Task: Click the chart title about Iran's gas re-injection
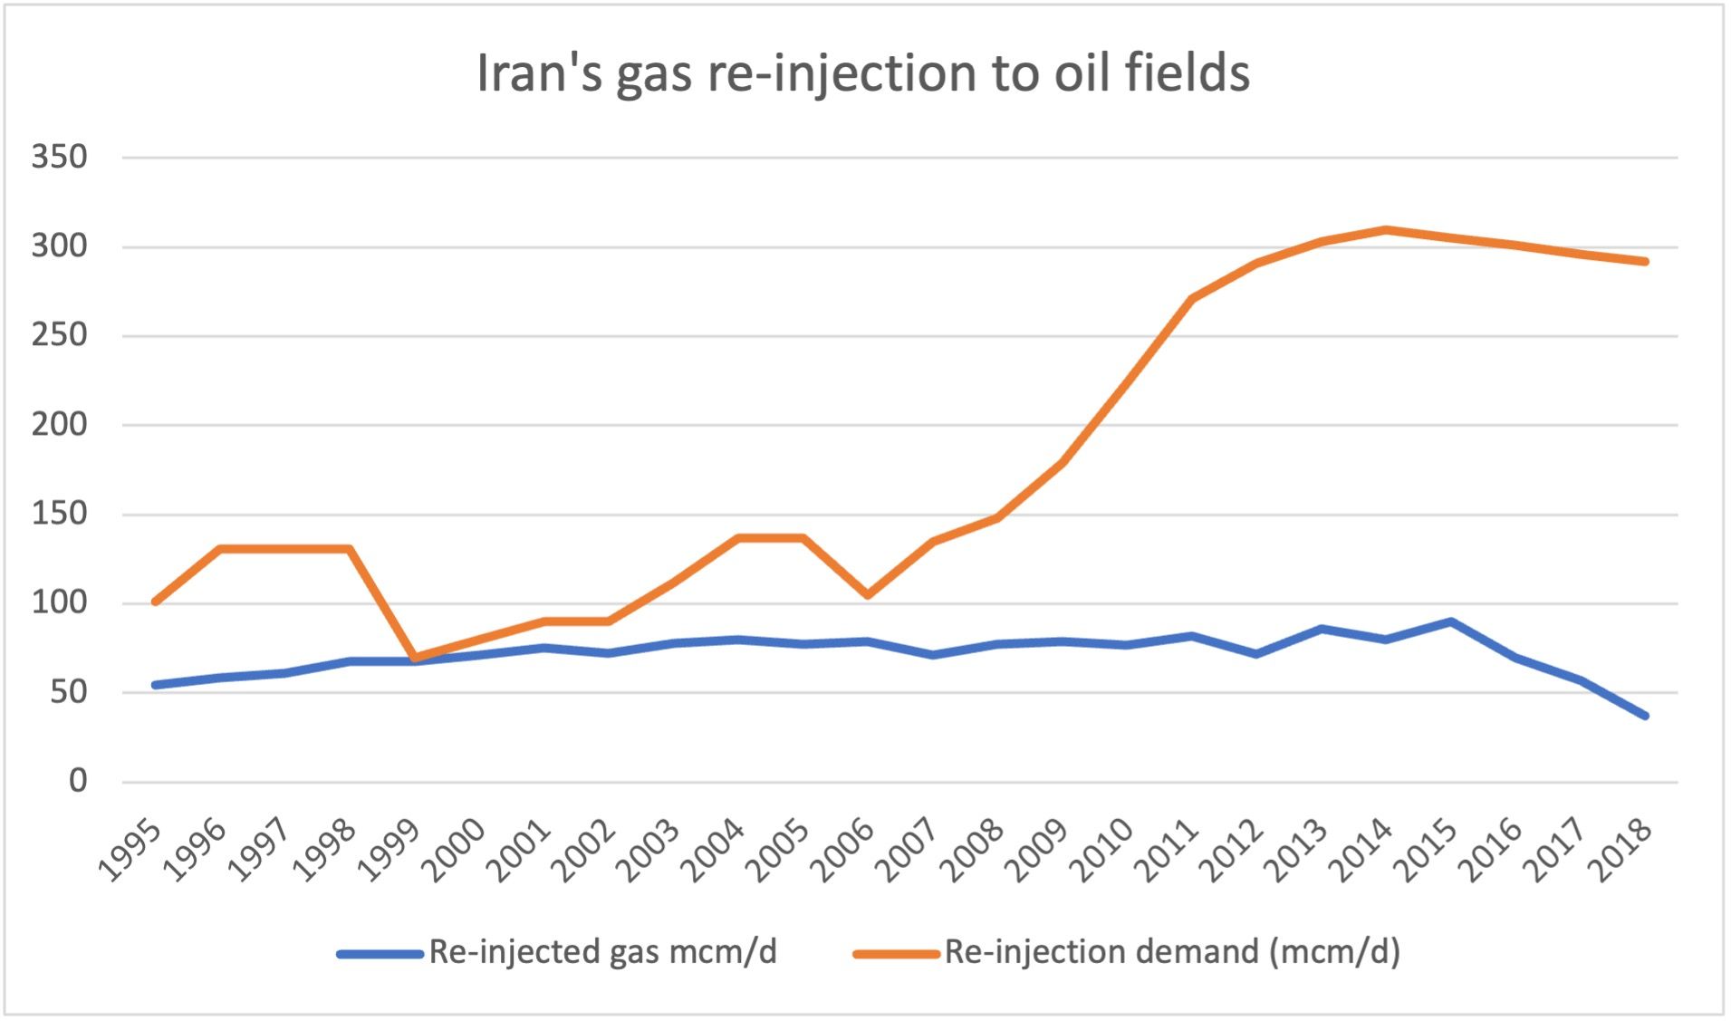[x=862, y=72]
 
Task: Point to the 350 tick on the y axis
[x=60, y=157]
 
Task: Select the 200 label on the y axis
[x=60, y=424]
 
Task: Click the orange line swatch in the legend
[x=896, y=954]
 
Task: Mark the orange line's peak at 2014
[x=1386, y=229]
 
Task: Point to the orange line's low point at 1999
[x=415, y=658]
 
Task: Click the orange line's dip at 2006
[x=868, y=595]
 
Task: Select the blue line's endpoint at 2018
[x=1645, y=716]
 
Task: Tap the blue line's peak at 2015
[x=1450, y=621]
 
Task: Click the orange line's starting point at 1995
[x=156, y=602]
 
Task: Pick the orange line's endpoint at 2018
[x=1645, y=262]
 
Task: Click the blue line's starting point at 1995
[x=156, y=685]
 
